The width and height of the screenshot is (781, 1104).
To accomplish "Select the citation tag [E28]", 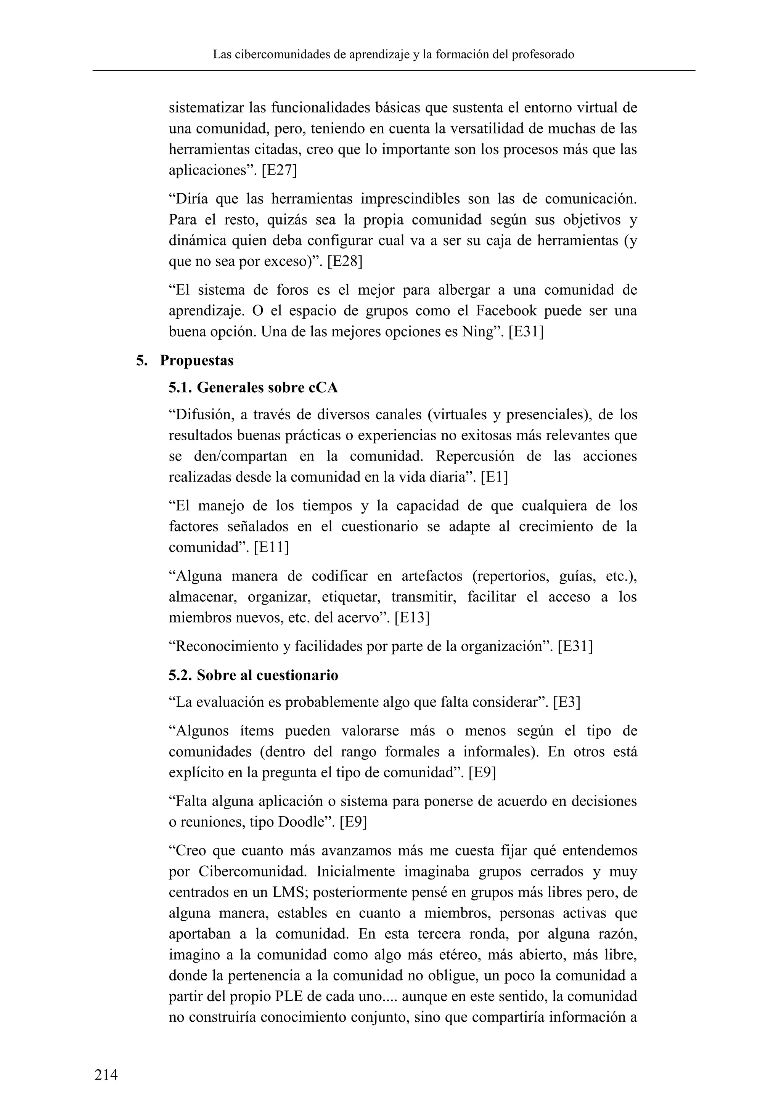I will coord(345,262).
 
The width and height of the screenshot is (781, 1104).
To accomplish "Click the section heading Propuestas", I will coord(196,361).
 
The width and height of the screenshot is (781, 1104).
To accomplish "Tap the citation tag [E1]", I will coord(494,477).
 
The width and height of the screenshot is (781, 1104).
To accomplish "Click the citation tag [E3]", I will coord(567,703).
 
